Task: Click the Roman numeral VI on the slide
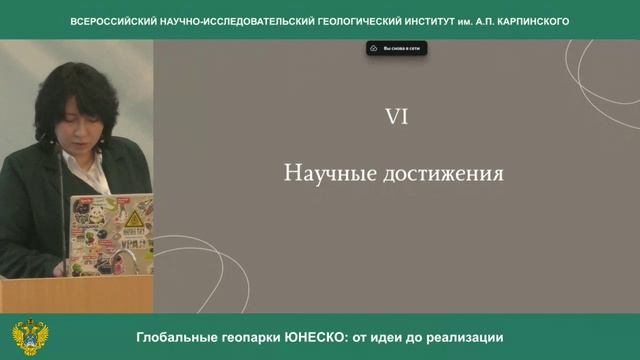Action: [396, 118]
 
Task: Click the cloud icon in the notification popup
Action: [374, 47]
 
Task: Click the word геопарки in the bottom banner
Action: [245, 338]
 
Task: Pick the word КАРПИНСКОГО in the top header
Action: [527, 21]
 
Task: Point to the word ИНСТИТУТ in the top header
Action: [425, 21]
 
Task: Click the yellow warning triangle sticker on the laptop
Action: [132, 219]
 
